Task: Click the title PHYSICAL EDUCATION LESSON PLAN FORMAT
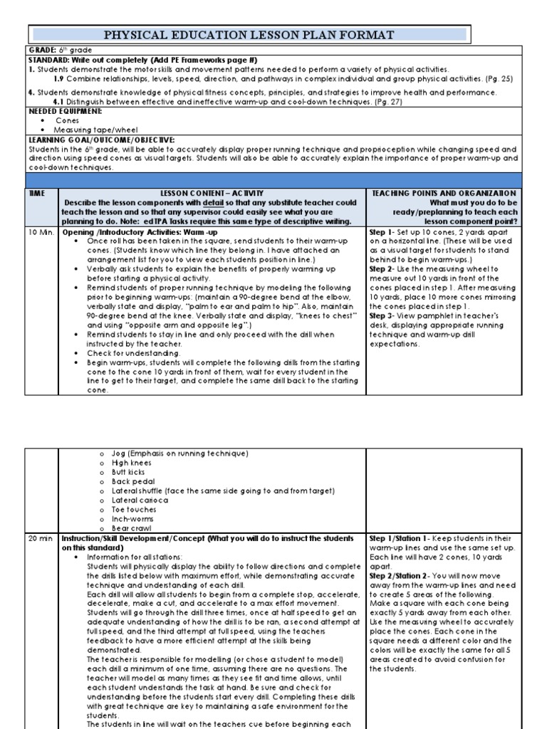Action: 249,34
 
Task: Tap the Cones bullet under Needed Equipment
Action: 67,120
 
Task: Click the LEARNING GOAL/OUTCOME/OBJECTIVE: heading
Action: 101,140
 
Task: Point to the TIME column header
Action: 36,193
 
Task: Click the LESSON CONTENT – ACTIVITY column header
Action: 212,193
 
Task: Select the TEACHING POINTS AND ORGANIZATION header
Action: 444,193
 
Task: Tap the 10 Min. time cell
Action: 40,233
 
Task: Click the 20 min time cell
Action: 40,538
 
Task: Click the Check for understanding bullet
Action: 133,353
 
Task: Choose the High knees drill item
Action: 131,463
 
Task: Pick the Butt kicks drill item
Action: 128,472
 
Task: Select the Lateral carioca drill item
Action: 140,500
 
